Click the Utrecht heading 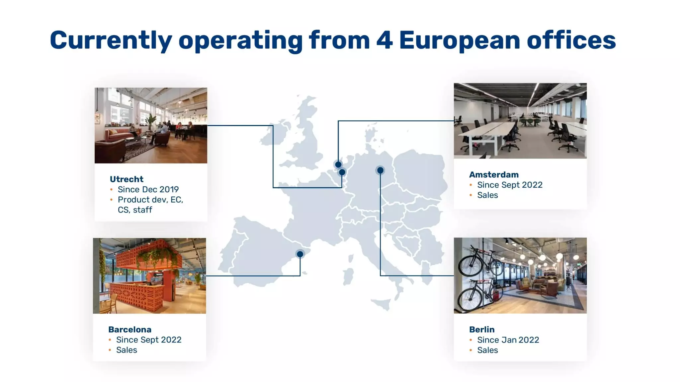click(127, 179)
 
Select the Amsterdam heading click(494, 174)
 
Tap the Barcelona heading click(130, 329)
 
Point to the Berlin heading click(482, 329)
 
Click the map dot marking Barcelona click(300, 254)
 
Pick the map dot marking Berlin click(380, 170)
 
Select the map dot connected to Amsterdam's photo click(338, 164)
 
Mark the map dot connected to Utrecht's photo click(342, 172)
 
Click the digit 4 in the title click(384, 40)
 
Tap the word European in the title click(460, 40)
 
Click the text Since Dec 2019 click(148, 189)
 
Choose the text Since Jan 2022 click(508, 340)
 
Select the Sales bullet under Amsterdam click(487, 195)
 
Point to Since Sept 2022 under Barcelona click(149, 340)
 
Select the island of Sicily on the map click(382, 303)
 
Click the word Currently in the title click(111, 40)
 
